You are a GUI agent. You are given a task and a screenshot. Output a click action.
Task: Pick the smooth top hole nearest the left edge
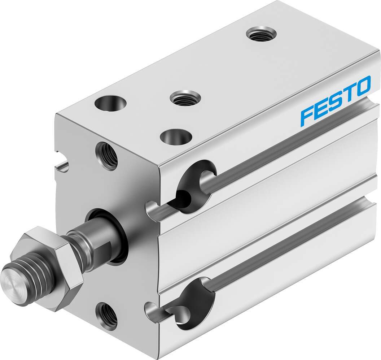(111, 103)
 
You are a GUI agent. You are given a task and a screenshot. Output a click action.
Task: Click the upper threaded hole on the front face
(107, 156)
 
